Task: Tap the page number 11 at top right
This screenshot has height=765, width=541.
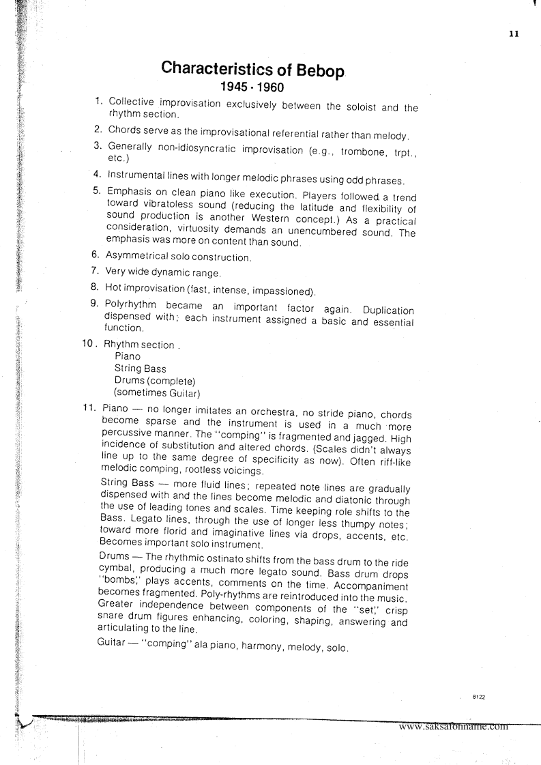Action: (514, 33)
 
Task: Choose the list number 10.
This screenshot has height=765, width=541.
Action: (89, 344)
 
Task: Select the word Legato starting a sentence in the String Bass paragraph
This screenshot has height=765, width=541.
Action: (143, 524)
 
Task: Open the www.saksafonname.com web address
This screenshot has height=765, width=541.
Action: (454, 726)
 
